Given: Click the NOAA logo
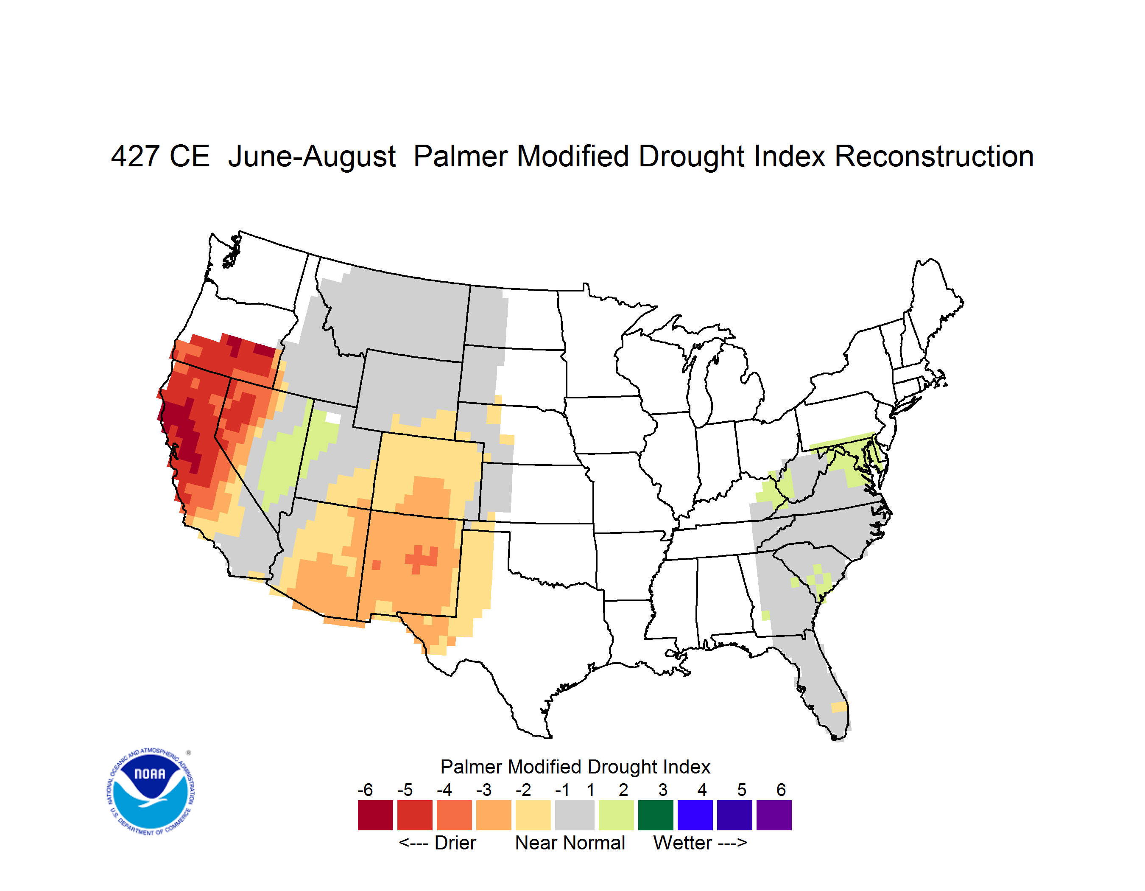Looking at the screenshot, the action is [x=151, y=791].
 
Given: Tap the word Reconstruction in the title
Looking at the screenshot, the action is [x=934, y=157].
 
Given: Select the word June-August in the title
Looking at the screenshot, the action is [x=311, y=157].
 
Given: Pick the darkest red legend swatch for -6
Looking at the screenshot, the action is [x=375, y=815].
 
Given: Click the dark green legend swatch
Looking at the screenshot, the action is [x=655, y=815].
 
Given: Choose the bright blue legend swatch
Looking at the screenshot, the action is [x=695, y=815].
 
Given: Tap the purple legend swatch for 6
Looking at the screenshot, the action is [x=774, y=815].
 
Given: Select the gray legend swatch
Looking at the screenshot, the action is [x=575, y=815].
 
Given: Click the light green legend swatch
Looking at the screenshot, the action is [x=616, y=815].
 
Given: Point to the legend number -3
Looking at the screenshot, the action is [x=484, y=790].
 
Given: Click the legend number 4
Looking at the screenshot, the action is [x=702, y=790].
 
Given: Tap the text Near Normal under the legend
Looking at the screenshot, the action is [x=570, y=843].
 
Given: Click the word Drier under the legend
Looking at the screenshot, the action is [x=455, y=843].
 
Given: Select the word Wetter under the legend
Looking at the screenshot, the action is [x=683, y=843].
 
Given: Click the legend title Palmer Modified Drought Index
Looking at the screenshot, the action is [x=575, y=767].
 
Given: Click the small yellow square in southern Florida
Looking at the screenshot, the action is [x=839, y=707].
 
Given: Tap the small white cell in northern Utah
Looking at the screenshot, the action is [x=333, y=418].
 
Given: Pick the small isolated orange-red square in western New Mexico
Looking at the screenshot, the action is [x=376, y=565].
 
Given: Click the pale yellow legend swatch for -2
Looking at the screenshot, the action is [x=533, y=815].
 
